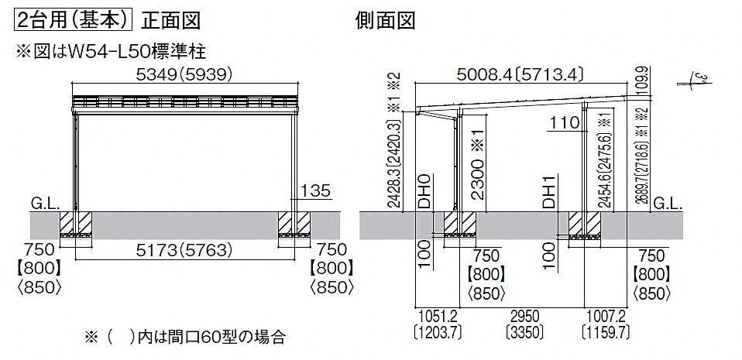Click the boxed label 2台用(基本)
pyautogui.click(x=73, y=21)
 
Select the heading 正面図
pyautogui.click(x=171, y=21)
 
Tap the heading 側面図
pyautogui.click(x=386, y=21)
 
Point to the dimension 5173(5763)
pyautogui.click(x=184, y=250)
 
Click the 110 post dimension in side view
pyautogui.click(x=565, y=123)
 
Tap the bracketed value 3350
pyautogui.click(x=523, y=331)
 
